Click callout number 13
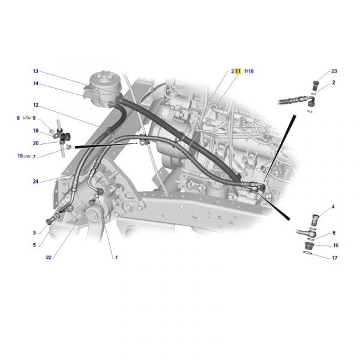(35, 71)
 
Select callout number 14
(35, 83)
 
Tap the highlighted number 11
(238, 71)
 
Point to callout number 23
(334, 71)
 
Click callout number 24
(35, 181)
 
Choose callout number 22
(49, 257)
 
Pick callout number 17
(335, 258)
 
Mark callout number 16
(335, 245)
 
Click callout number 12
(36, 105)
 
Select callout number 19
(36, 131)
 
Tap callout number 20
(35, 143)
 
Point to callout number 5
(34, 245)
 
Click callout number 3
(34, 233)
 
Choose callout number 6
(334, 233)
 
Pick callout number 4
(333, 206)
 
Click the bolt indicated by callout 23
(316, 85)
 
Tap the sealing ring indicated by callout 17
(307, 253)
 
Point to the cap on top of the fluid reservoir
(104, 77)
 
